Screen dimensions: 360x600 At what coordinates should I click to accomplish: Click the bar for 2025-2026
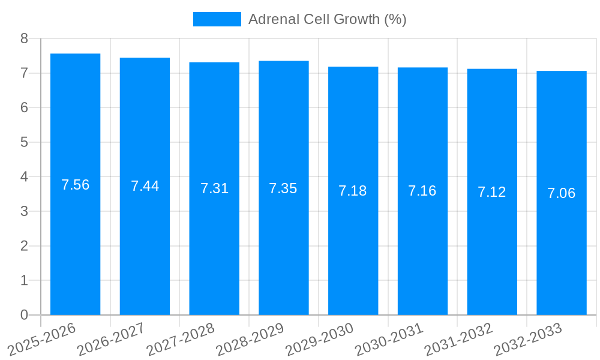(75, 240)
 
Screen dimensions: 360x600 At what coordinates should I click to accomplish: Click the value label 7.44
(145, 186)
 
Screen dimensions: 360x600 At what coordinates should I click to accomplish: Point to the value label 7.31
(214, 188)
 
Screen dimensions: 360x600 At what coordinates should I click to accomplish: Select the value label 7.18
(353, 191)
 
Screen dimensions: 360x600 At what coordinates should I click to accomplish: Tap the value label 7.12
(492, 192)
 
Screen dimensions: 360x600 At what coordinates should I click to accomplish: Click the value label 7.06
(562, 193)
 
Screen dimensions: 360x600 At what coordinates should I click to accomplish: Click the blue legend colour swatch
(217, 19)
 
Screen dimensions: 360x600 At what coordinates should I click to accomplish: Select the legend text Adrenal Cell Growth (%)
(327, 19)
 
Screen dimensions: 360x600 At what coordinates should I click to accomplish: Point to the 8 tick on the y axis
(24, 38)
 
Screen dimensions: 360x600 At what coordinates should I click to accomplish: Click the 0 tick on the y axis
(24, 315)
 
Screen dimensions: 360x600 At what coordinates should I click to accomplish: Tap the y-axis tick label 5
(24, 142)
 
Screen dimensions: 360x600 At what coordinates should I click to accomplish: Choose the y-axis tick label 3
(24, 211)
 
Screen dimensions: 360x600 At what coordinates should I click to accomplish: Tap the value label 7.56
(75, 185)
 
